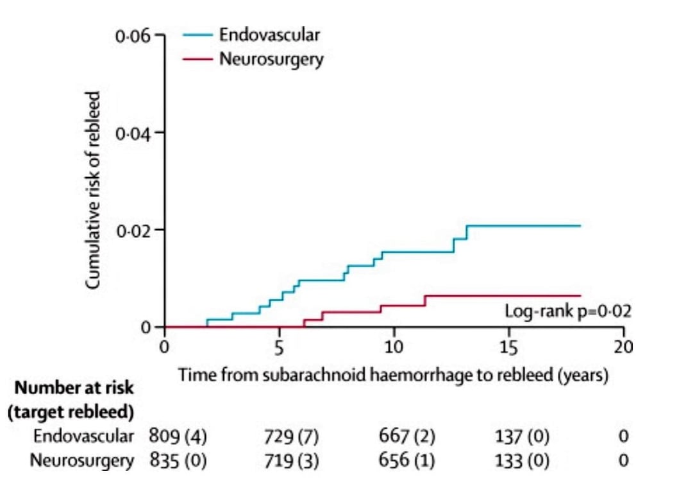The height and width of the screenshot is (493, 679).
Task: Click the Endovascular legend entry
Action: coord(269,35)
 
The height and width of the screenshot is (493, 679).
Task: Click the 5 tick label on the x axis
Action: coord(279,347)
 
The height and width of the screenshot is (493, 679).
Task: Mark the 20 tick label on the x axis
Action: coord(623,347)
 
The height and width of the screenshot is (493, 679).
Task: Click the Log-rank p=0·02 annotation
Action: coord(568,312)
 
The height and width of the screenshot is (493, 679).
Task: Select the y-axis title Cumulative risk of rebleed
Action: coord(94,189)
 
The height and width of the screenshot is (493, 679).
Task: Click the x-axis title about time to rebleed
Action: coord(393,374)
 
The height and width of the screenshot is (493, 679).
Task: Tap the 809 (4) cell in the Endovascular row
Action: coord(178,437)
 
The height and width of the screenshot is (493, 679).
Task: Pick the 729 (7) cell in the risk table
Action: coord(291,437)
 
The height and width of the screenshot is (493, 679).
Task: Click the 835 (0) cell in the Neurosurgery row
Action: coord(178,460)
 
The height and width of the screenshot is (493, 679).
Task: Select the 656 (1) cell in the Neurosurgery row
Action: coord(407,460)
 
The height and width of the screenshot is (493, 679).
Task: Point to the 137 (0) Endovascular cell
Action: coord(521,437)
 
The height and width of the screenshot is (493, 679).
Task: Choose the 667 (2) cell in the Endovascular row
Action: coord(407,437)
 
